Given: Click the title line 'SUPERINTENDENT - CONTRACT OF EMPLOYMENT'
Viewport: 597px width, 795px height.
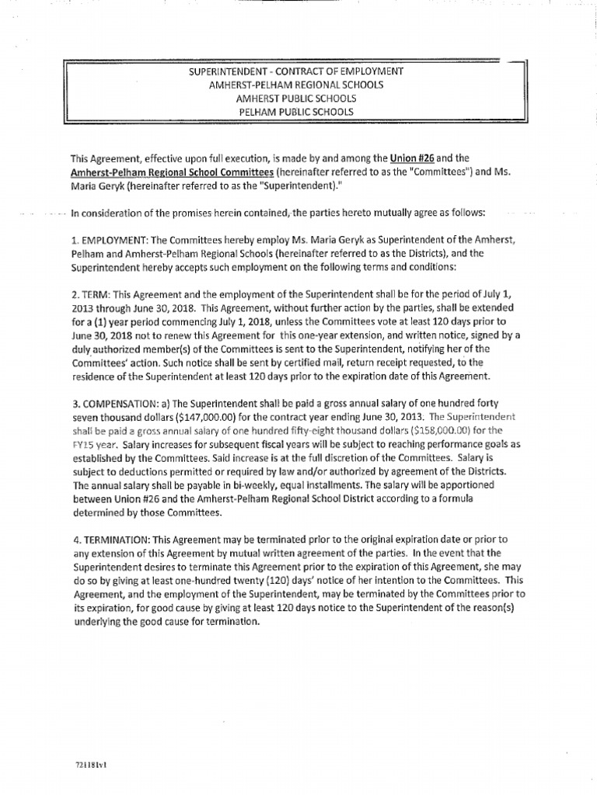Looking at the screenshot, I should pyautogui.click(x=295, y=71).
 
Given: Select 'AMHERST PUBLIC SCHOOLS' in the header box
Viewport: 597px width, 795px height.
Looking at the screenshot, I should pyautogui.click(x=295, y=98).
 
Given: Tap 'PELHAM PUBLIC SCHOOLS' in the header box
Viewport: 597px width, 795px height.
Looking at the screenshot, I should pyautogui.click(x=295, y=111).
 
